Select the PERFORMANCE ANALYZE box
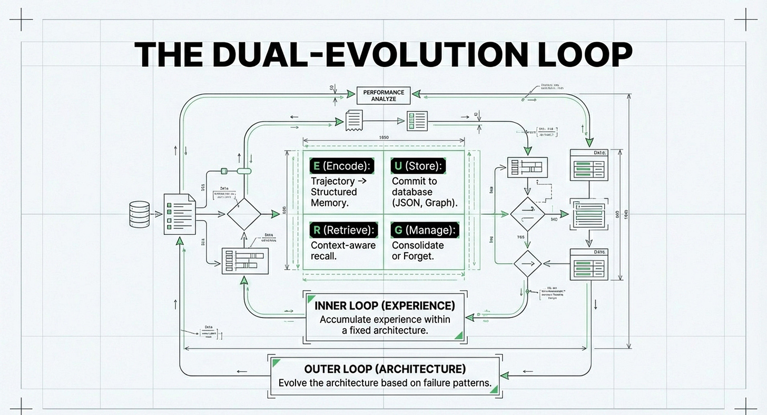(383, 95)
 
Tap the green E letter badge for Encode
(316, 166)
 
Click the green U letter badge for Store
(398, 166)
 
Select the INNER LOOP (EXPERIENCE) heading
(385, 306)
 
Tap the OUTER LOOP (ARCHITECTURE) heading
(385, 369)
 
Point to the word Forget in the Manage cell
(418, 256)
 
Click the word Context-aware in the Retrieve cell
(343, 245)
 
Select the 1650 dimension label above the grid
(383, 137)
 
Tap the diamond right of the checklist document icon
(244, 214)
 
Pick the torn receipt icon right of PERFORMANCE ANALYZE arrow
(354, 120)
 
